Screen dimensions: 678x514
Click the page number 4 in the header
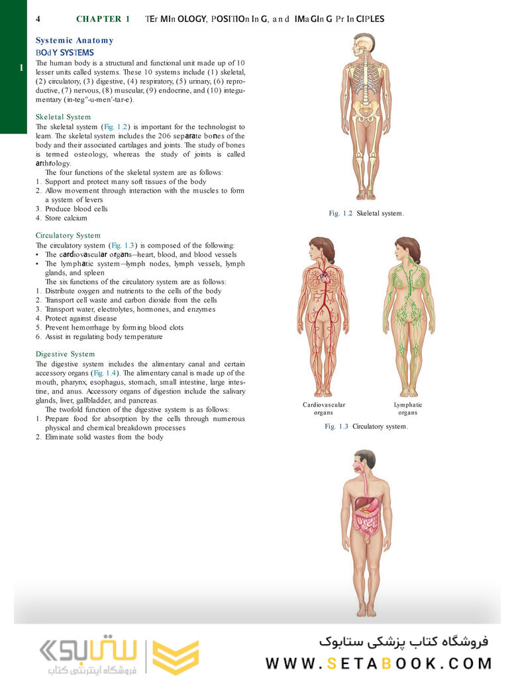[38, 19]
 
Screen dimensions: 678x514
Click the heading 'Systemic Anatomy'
[74, 40]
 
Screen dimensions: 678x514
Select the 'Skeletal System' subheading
[63, 117]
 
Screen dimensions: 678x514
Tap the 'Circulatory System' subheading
[68, 235]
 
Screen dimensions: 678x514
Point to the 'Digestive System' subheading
[65, 354]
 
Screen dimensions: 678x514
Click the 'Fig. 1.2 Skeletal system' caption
[366, 213]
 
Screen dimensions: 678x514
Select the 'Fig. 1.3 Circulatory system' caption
[366, 426]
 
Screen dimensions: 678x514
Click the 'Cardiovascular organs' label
[324, 409]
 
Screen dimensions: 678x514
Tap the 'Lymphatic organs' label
[408, 409]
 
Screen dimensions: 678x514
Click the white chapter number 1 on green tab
[23, 68]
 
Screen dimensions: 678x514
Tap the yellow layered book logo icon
[176, 657]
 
